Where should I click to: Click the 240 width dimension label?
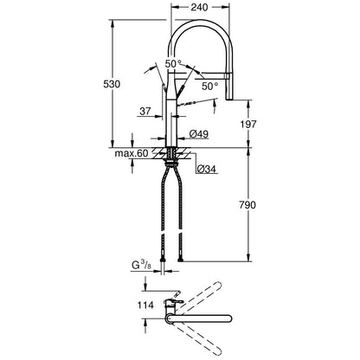pos(199,8)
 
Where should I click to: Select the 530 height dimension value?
pos(112,84)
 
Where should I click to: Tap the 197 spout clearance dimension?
pos(248,124)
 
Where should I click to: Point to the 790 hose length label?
pos(247,205)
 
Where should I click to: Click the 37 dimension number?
pos(145,111)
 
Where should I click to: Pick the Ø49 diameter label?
pos(199,134)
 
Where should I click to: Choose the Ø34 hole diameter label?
pos(207,169)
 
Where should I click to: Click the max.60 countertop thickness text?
pos(132,153)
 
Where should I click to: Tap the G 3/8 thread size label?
pos(141,265)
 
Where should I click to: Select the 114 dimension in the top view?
pos(145,305)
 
